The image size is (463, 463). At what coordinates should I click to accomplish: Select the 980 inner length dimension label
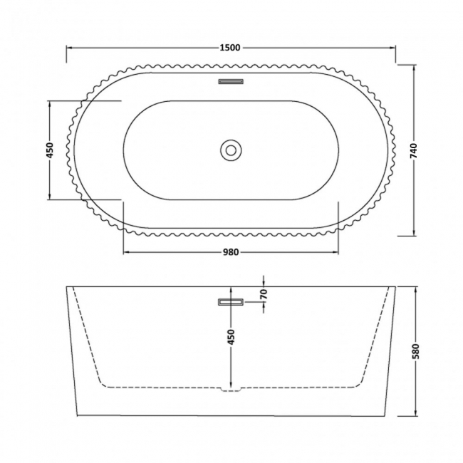tap(231, 251)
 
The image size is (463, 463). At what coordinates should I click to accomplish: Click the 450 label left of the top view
tap(50, 150)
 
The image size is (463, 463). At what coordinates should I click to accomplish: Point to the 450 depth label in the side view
tap(231, 337)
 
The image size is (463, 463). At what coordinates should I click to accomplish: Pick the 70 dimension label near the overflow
tap(263, 293)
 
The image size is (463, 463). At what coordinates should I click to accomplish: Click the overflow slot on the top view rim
tap(231, 82)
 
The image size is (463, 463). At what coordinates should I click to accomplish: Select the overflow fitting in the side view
tap(231, 302)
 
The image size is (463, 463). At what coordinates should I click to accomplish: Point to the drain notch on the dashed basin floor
tap(231, 390)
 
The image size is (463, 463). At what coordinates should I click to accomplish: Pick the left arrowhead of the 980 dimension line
tap(127, 251)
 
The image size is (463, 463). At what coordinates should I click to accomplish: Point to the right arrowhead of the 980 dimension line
tap(335, 251)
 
